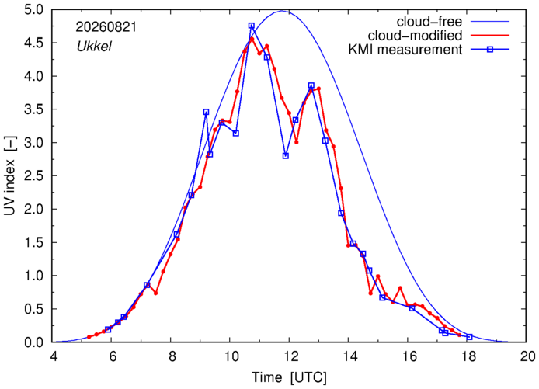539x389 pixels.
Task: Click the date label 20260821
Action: (106, 27)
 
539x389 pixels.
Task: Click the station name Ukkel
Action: (94, 47)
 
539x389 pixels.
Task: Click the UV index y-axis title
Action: (11, 175)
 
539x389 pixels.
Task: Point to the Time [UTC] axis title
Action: (289, 377)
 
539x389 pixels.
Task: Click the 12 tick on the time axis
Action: (289, 356)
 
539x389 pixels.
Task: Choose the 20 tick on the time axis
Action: (526, 356)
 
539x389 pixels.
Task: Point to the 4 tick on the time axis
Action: (54, 356)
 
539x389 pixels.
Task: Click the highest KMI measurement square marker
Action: (252, 26)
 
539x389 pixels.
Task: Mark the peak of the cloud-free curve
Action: (282, 11)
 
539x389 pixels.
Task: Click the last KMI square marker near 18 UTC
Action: (469, 337)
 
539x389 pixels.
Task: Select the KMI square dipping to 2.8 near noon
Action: (286, 155)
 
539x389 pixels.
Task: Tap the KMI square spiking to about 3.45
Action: (206, 112)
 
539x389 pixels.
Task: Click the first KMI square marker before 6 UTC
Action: (108, 329)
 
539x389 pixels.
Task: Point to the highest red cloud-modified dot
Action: (252, 39)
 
